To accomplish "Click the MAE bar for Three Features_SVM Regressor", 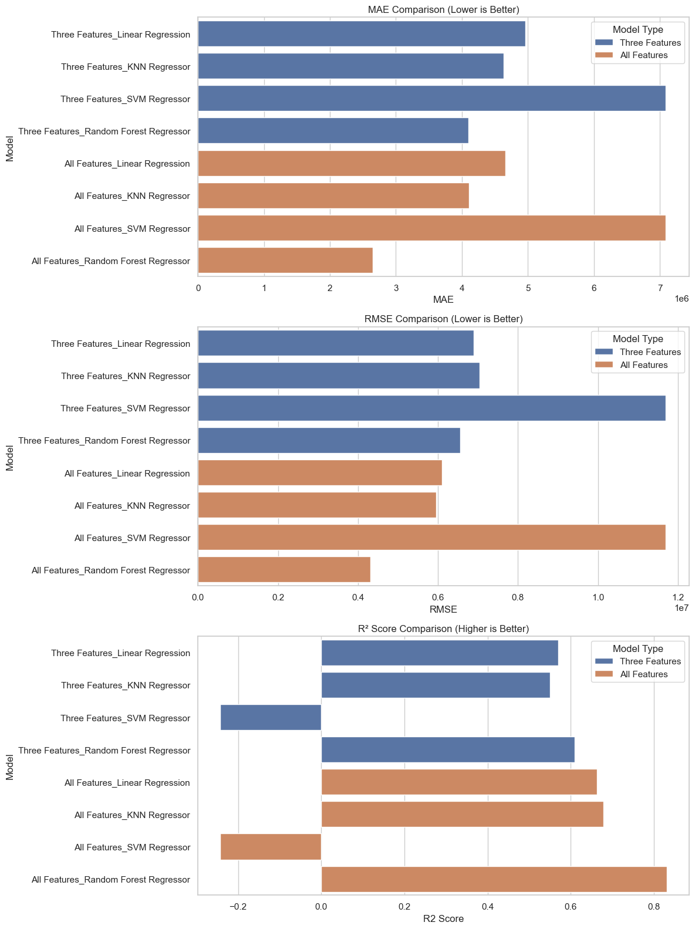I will pyautogui.click(x=431, y=99).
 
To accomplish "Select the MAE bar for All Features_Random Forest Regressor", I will pyautogui.click(x=285, y=261).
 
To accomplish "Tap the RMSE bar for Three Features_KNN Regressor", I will pyautogui.click(x=339, y=376).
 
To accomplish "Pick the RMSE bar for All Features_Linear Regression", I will pyautogui.click(x=320, y=473).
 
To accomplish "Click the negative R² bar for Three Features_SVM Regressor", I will pyautogui.click(x=271, y=718).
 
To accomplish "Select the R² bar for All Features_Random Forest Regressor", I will pyautogui.click(x=494, y=879).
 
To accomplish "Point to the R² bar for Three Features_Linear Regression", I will pyautogui.click(x=440, y=653).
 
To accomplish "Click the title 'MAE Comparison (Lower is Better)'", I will pyautogui.click(x=443, y=9).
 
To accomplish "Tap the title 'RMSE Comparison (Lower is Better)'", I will pyautogui.click(x=443, y=319).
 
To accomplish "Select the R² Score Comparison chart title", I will pyautogui.click(x=443, y=629).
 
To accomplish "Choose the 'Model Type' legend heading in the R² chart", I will pyautogui.click(x=637, y=648).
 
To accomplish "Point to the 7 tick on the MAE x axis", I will pyautogui.click(x=660, y=288).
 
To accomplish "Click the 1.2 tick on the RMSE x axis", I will pyautogui.click(x=678, y=597).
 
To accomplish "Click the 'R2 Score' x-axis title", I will pyautogui.click(x=443, y=918).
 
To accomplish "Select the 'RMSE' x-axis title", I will pyautogui.click(x=443, y=609).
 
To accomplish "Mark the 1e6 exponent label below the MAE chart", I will pyautogui.click(x=681, y=299).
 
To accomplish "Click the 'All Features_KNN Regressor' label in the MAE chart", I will pyautogui.click(x=132, y=196).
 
